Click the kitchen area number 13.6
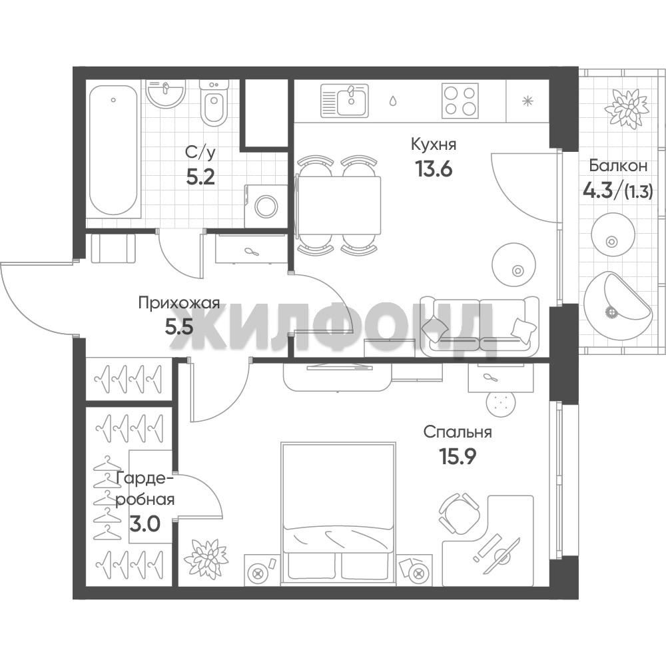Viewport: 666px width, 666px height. pos(434,169)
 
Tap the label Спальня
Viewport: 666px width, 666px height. pos(458,432)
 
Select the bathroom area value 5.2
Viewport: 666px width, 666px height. pos(200,177)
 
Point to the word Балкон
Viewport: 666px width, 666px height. pos(618,166)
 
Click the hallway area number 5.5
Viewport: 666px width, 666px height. pos(179,327)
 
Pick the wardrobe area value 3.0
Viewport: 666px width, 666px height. pos(145,524)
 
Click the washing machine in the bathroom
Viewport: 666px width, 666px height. pos(266,206)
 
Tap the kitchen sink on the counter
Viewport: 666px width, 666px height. pos(345,101)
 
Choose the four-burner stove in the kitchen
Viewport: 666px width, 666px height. pos(460,101)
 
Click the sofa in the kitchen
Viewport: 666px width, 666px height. pos(479,326)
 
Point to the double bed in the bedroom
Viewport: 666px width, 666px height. pos(338,512)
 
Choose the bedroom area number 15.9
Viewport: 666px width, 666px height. pos(458,457)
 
